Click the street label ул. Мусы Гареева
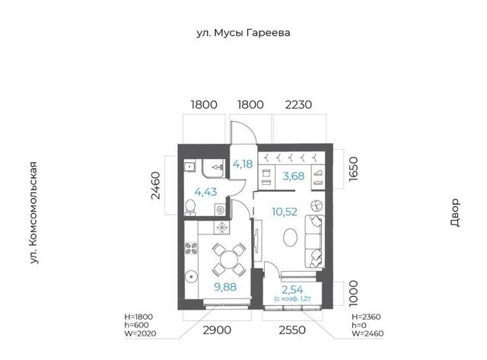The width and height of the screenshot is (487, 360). [x=243, y=33]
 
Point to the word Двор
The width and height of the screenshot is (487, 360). [x=455, y=212]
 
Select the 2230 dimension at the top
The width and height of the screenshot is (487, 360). [x=298, y=105]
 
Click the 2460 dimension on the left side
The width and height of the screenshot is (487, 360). [x=155, y=186]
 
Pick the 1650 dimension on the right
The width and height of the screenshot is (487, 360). [x=353, y=169]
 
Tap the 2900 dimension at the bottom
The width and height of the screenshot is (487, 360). [x=217, y=330]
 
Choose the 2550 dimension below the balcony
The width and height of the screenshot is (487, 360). [x=292, y=330]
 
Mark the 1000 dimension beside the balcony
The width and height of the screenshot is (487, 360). [x=353, y=294]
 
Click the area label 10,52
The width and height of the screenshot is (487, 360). [x=285, y=212]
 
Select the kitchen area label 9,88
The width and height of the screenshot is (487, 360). [x=225, y=287]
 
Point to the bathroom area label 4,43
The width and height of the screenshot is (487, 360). [x=205, y=192]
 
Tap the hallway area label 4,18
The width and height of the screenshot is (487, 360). [x=243, y=164]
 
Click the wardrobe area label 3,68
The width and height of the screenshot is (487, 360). [x=294, y=176]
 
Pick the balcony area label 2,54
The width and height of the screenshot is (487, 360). [x=292, y=290]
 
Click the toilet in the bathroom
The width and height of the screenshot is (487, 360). [x=190, y=208]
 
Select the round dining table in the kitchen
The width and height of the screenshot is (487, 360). [x=229, y=260]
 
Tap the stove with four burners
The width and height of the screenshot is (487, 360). [x=191, y=248]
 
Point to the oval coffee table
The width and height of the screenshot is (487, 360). [x=291, y=237]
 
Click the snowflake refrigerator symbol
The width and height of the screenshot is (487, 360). [x=221, y=228]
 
